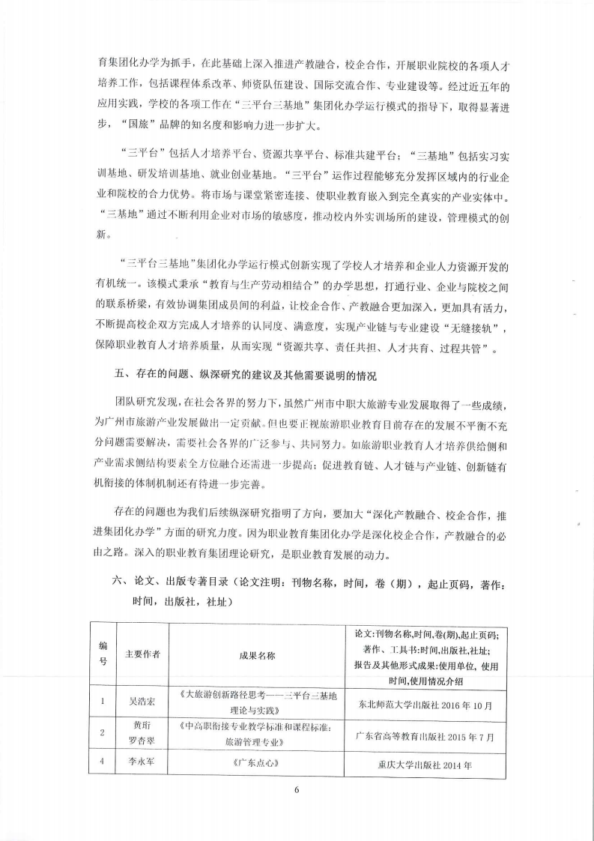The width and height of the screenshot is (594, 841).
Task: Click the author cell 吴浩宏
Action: [142, 703]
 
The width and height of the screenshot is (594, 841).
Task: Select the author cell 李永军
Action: [142, 765]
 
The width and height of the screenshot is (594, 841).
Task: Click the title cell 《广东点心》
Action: [257, 765]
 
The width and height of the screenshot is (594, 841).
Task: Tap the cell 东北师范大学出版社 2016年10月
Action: [425, 704]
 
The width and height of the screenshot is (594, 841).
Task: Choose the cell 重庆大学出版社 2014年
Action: [425, 766]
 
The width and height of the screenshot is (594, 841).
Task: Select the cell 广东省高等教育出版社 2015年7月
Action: [425, 736]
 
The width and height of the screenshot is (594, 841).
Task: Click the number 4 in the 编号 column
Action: [102, 765]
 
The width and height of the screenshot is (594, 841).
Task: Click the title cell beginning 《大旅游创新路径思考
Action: [257, 703]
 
